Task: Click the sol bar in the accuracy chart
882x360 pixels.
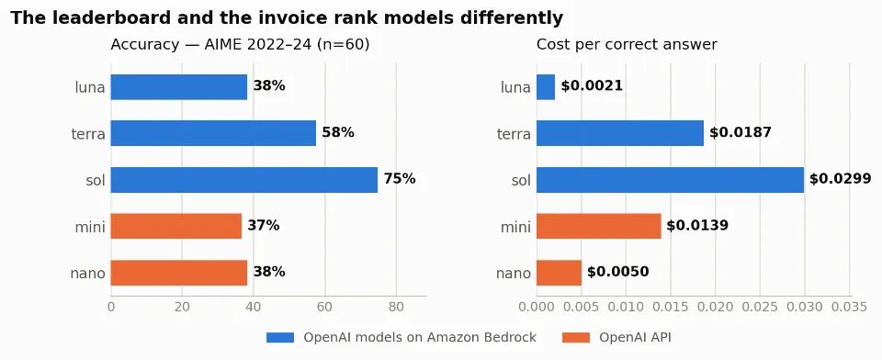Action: (x=244, y=180)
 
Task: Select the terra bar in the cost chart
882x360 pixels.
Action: (x=620, y=133)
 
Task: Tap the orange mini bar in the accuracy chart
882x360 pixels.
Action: (x=176, y=226)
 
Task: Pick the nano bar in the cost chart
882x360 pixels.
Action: (x=559, y=273)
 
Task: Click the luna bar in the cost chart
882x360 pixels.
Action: (x=546, y=87)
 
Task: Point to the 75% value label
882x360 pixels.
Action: (x=400, y=179)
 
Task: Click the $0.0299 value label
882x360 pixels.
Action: (x=841, y=179)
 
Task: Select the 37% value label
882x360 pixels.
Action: (x=264, y=226)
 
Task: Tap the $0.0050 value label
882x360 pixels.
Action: (x=617, y=272)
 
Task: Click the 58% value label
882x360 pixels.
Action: (x=338, y=133)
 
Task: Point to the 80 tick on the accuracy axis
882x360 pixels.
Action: (x=396, y=307)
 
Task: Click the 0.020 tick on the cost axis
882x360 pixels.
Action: (x=716, y=307)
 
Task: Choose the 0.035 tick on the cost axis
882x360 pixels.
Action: (x=849, y=307)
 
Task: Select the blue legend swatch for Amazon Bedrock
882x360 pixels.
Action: (x=280, y=338)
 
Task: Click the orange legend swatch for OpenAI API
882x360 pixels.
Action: (x=576, y=338)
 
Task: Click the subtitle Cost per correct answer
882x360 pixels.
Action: (x=627, y=44)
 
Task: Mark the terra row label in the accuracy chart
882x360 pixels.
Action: (x=88, y=134)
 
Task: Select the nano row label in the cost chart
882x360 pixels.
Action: (x=514, y=274)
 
